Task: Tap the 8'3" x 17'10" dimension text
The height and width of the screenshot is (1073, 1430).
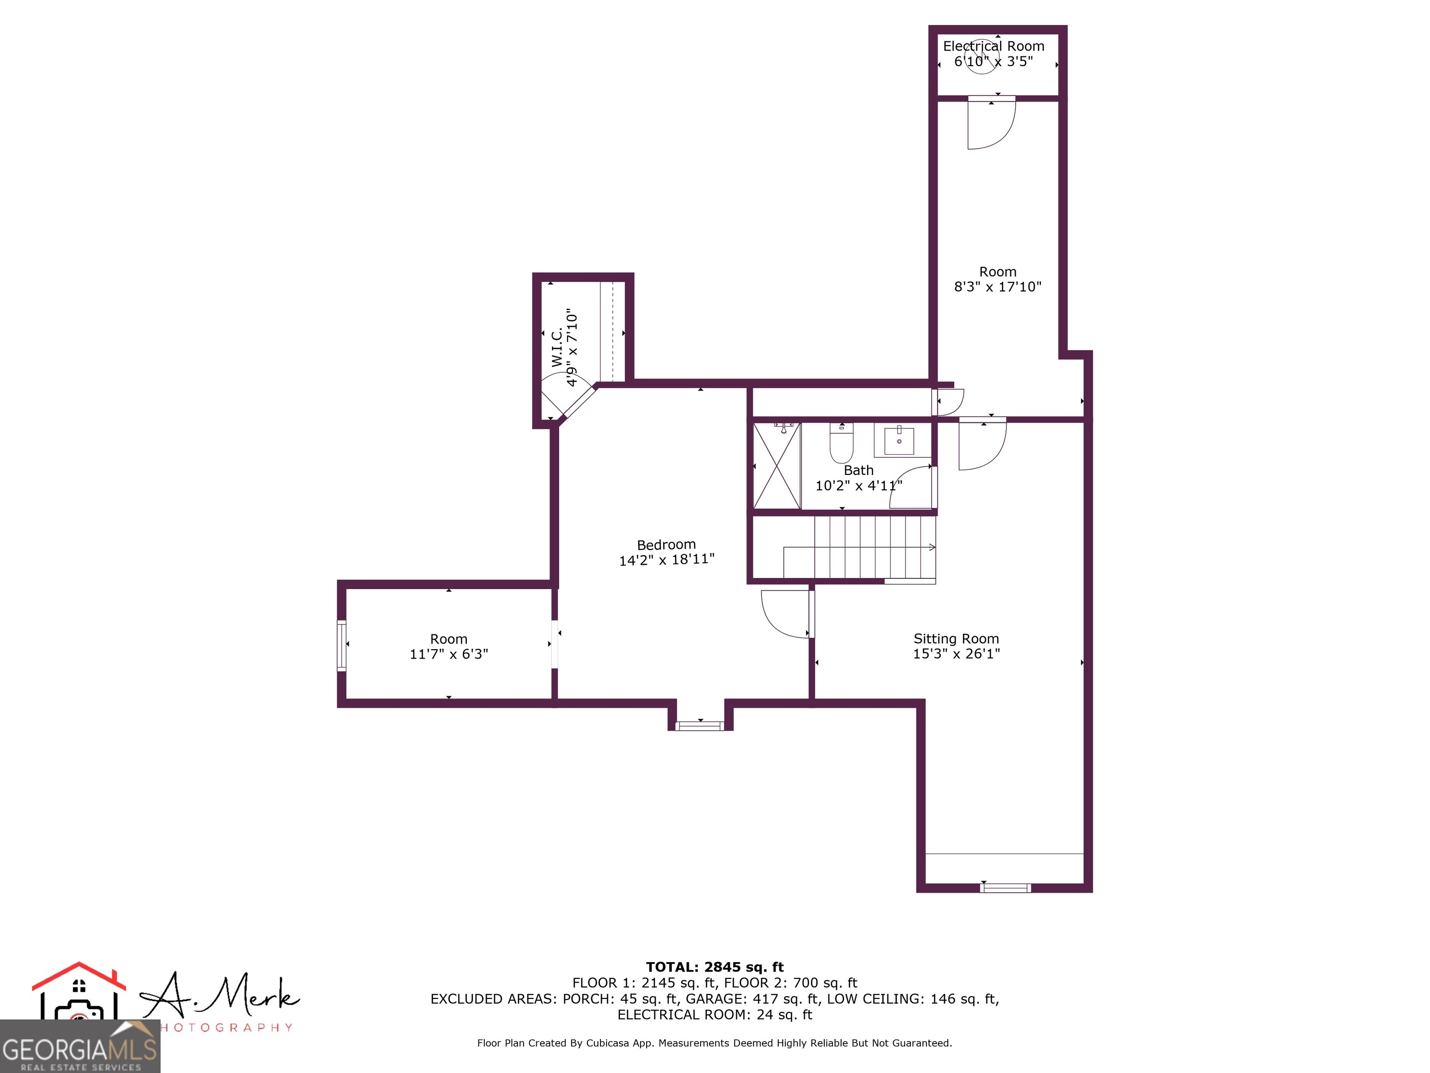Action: click(x=998, y=286)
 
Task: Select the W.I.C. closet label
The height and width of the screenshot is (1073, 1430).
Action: click(x=557, y=348)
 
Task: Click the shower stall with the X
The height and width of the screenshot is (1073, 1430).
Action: click(x=776, y=466)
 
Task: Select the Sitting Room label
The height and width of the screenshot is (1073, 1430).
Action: click(x=956, y=638)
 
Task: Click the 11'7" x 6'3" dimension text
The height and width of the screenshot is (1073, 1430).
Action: click(x=449, y=654)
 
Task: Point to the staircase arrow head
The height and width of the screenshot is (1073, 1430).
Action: click(x=931, y=547)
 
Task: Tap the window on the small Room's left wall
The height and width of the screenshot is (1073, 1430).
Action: click(x=341, y=645)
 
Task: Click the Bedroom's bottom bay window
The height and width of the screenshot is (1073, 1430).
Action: click(x=700, y=726)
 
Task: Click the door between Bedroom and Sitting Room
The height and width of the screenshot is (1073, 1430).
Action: click(x=786, y=614)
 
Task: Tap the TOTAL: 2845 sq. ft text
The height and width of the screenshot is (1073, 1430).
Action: click(x=715, y=967)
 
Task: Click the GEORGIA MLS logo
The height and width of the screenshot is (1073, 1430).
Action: click(x=80, y=1046)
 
